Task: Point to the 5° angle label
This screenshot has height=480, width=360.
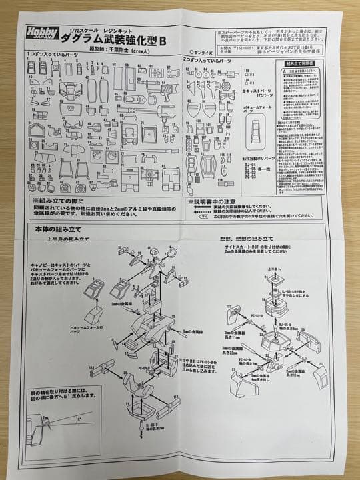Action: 79,421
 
